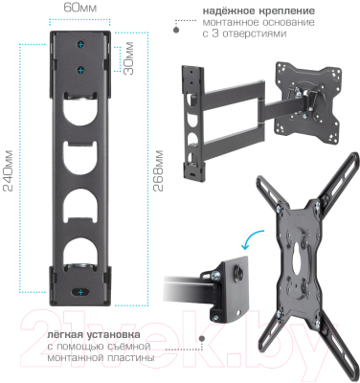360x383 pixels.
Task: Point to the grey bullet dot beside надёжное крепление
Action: coord(175,29)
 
